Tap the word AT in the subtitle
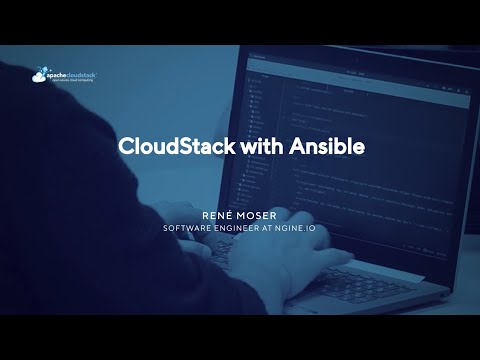(x=278, y=228)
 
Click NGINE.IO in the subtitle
(x=302, y=228)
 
